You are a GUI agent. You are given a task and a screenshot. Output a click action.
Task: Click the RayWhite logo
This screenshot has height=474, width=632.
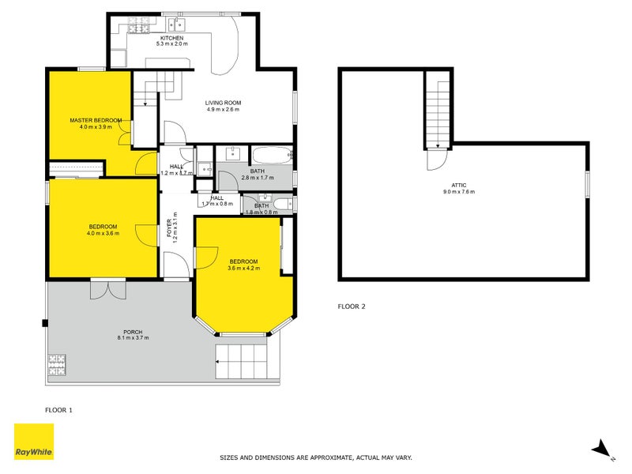tap(34, 442)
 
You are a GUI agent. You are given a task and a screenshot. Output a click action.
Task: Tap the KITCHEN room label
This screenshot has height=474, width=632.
tap(171, 39)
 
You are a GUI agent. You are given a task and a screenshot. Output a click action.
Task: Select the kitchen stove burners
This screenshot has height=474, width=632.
tap(138, 29)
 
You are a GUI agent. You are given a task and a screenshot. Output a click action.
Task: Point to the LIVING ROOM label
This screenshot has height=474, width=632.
tap(223, 103)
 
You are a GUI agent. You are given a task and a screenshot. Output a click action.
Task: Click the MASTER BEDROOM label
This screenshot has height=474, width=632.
tap(96, 120)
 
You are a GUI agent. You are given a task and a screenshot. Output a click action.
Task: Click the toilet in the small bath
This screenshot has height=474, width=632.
tap(283, 205)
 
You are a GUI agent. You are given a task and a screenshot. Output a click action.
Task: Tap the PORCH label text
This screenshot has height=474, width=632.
tap(133, 331)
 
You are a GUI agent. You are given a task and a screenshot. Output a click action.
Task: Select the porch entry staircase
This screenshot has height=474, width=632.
tap(247, 363)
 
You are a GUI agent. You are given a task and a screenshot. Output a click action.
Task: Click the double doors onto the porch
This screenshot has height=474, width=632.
tap(107, 289)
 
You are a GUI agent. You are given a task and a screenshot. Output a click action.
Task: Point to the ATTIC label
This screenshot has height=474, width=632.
tap(459, 185)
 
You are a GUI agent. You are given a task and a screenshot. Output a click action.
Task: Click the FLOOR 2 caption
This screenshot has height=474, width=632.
tap(352, 306)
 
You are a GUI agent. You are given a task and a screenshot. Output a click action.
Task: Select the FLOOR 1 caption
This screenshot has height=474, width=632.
tap(58, 410)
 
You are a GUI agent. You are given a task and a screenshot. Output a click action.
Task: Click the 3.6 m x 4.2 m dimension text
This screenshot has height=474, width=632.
tap(243, 269)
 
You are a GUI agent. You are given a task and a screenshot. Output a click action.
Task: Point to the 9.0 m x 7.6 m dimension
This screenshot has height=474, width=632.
tap(459, 192)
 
